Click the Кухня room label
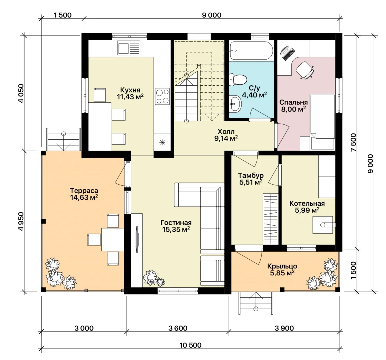pyautogui.click(x=130, y=89)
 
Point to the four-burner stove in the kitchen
pyautogui.click(x=162, y=96)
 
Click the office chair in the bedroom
pyautogui.click(x=305, y=70)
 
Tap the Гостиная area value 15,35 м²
pyautogui.click(x=176, y=230)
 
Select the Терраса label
pyautogui.click(x=84, y=190)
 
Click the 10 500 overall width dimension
pyautogui.click(x=191, y=345)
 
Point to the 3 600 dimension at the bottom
pyautogui.click(x=178, y=328)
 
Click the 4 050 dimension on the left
pyautogui.click(x=21, y=93)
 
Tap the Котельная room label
pyautogui.click(x=307, y=204)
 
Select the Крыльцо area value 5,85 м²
pyautogui.click(x=282, y=273)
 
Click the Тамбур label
pyautogui.click(x=251, y=175)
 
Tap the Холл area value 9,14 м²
pyautogui.click(x=226, y=138)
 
